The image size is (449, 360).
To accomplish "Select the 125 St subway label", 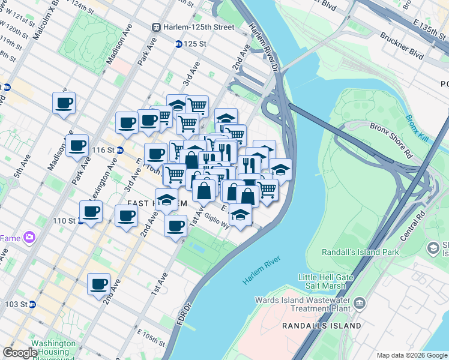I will point(194,44).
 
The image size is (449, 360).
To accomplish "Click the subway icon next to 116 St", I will point(120,150).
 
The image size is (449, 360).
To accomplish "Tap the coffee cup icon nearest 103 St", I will point(98,285).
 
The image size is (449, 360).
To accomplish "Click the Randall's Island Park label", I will point(360,252).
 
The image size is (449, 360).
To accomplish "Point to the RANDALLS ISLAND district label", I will point(322,326).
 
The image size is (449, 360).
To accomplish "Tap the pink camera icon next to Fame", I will point(29,238).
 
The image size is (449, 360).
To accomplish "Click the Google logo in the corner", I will point(20,353).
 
